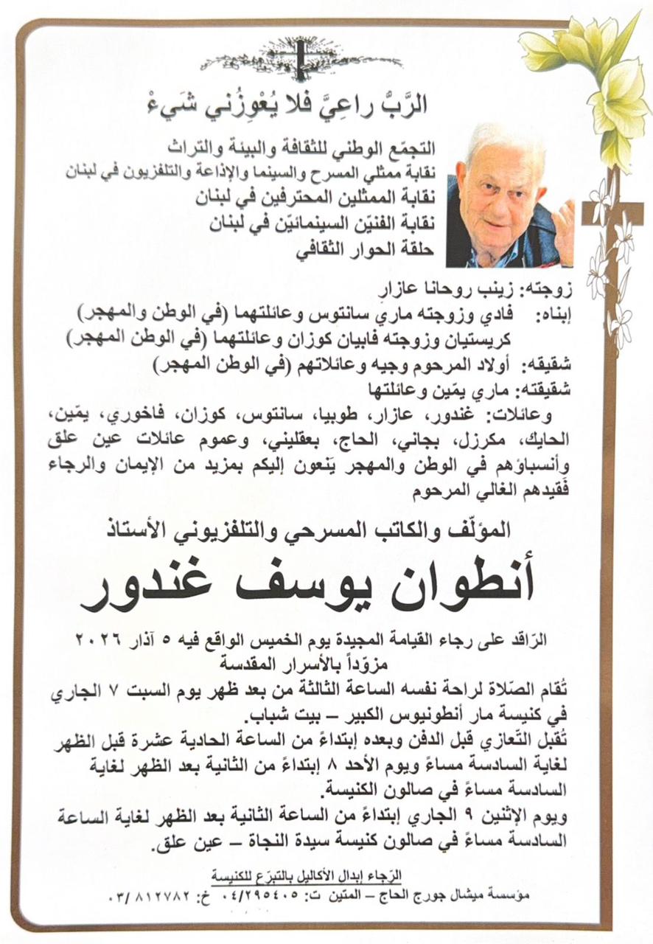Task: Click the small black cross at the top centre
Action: coord(300,58)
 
